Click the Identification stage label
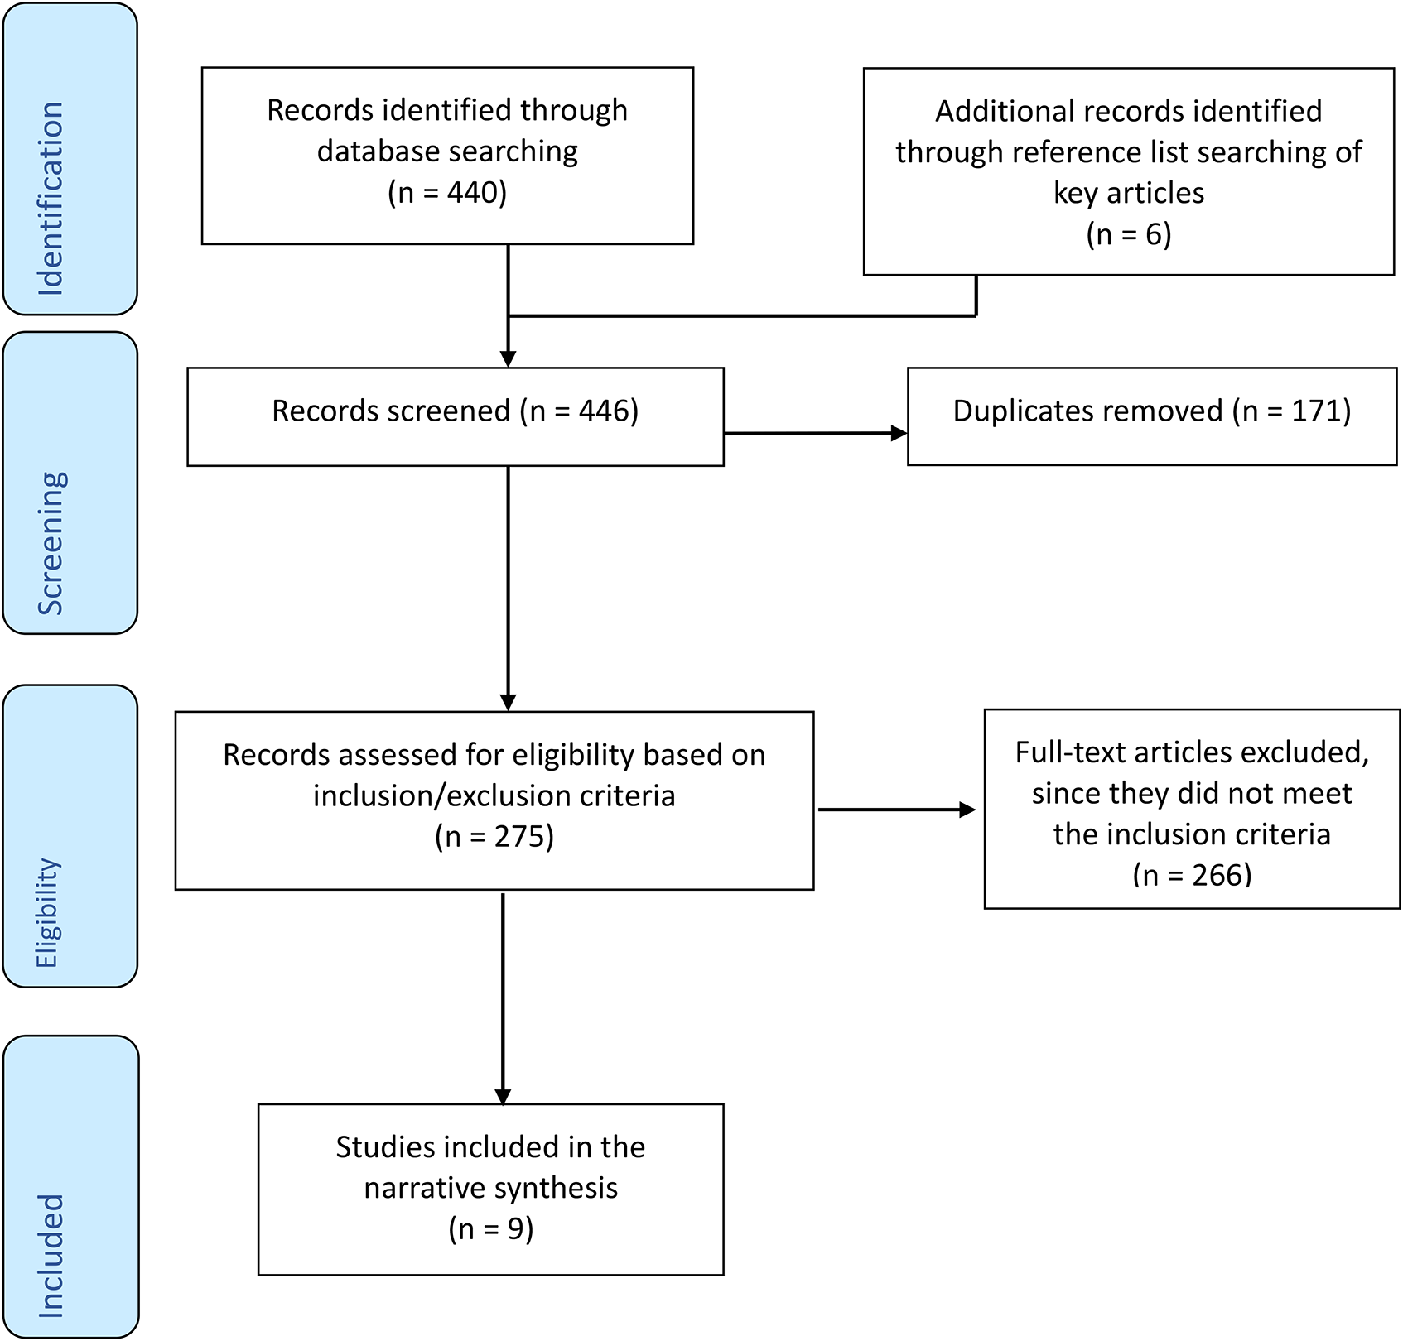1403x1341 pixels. coord(51,199)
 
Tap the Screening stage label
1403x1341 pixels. coord(51,543)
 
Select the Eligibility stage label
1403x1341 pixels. coord(46,913)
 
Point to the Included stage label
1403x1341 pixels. coord(51,1256)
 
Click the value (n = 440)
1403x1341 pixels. coord(447,193)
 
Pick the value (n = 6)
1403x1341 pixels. coord(1129,234)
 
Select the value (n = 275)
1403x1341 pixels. coord(494,837)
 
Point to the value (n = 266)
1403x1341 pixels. coord(1192,875)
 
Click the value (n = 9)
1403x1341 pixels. coord(491,1229)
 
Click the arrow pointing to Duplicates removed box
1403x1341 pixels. coord(816,433)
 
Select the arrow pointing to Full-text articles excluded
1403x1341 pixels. coord(898,810)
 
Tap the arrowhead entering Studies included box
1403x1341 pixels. coord(503,1096)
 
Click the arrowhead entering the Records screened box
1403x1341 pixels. coord(509,359)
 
